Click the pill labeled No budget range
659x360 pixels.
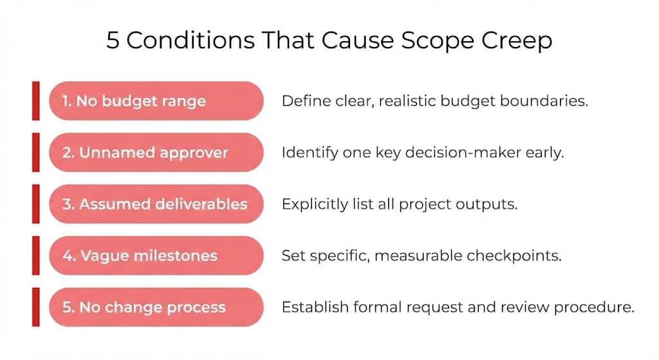point(156,100)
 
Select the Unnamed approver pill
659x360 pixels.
point(156,153)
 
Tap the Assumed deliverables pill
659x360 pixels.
point(156,204)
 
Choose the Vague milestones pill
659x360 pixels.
point(156,256)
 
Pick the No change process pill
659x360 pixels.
point(156,307)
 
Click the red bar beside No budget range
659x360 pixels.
point(35,100)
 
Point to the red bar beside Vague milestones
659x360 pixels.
point(35,256)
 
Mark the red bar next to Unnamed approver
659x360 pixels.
point(35,153)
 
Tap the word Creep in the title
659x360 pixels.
point(515,41)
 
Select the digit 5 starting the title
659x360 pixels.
point(113,41)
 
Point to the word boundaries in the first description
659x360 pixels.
point(552,101)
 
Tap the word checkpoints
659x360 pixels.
point(521,256)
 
